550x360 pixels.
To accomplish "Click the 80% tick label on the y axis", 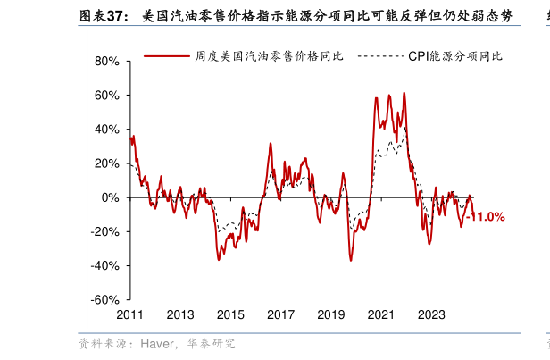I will (x=107, y=62).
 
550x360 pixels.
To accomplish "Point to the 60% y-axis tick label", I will (x=107, y=96).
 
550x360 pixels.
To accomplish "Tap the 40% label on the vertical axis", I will (x=107, y=130).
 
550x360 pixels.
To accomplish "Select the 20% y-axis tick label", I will (x=107, y=163).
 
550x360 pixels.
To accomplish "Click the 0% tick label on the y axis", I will (x=111, y=197).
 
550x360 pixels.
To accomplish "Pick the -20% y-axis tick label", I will (x=105, y=231).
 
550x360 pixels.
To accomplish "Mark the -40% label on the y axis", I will (x=105, y=265).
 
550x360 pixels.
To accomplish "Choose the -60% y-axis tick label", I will (x=105, y=299).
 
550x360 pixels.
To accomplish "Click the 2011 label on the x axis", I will (x=130, y=314).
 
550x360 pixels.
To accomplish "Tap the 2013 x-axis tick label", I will (x=180, y=314).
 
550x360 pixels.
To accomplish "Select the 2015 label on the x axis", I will (x=230, y=314).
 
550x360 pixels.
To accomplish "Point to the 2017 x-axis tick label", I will (x=281, y=314).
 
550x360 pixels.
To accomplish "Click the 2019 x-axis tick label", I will (x=331, y=314).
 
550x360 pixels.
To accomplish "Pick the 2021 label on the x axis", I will (x=381, y=314).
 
